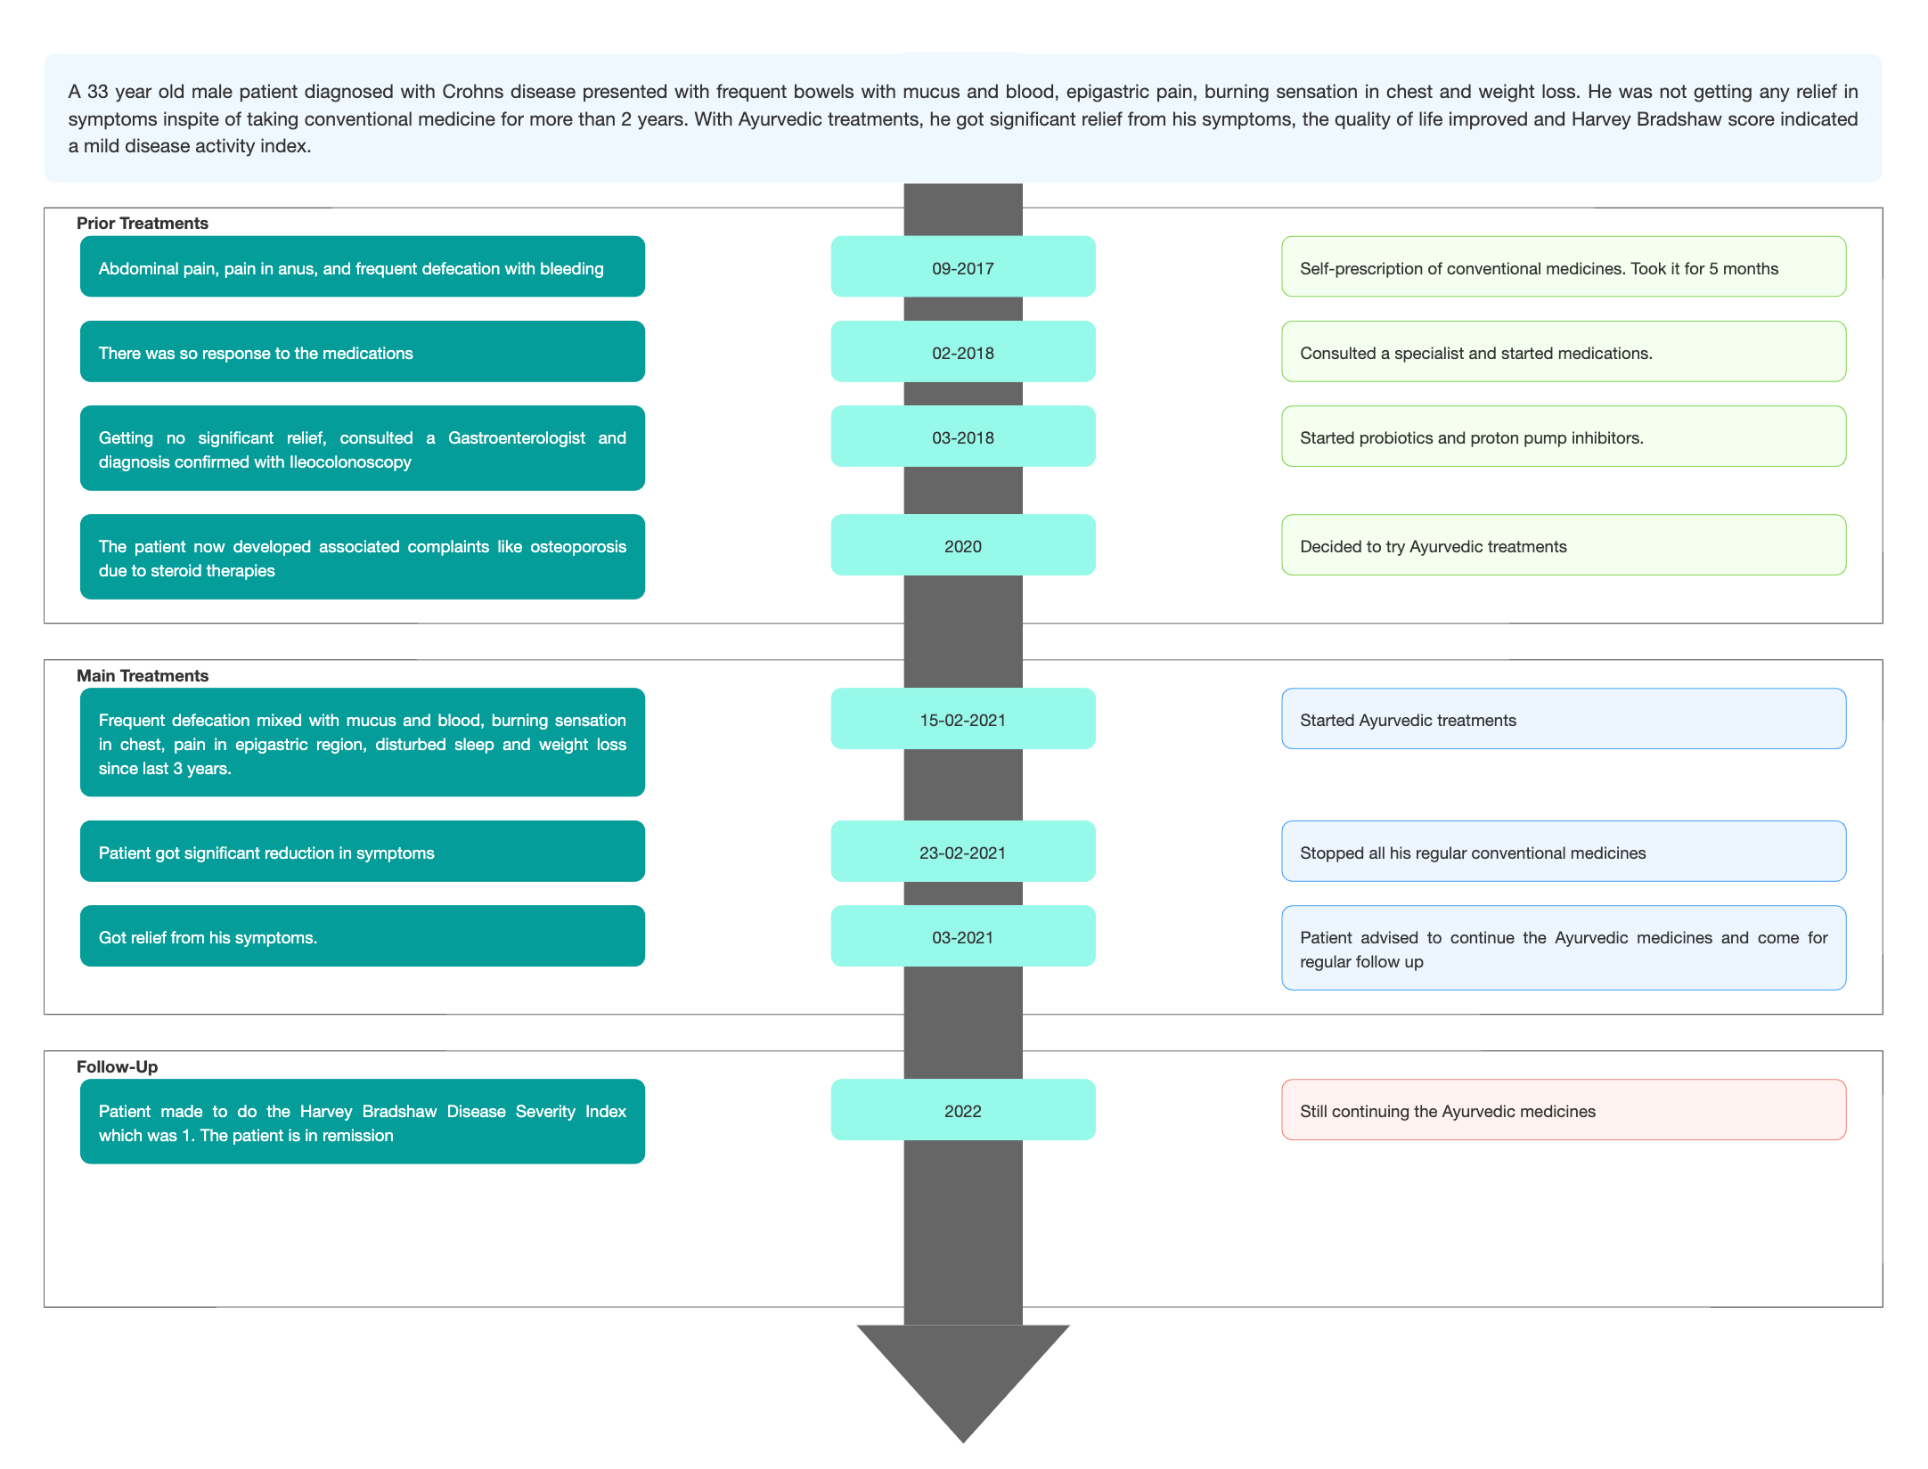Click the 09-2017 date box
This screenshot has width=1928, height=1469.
(x=963, y=266)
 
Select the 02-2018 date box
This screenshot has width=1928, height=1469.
(x=963, y=351)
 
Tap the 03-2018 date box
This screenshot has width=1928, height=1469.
(x=963, y=436)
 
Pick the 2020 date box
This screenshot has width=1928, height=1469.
(x=963, y=544)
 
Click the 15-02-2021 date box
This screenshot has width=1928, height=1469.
(x=963, y=718)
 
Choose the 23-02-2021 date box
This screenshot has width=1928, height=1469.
(x=963, y=851)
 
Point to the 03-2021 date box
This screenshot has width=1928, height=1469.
(x=963, y=935)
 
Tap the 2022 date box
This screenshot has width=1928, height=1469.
(x=963, y=1109)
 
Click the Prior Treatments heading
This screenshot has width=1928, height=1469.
(x=143, y=223)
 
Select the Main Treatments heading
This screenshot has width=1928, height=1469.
(x=143, y=675)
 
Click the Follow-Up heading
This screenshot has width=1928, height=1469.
(x=118, y=1066)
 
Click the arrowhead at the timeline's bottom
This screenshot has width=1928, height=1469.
(x=963, y=1381)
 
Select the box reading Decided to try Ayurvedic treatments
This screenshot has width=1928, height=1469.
(x=1564, y=544)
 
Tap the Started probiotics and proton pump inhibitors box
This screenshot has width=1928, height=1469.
(x=1564, y=436)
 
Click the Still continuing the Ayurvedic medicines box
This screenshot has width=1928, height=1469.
(x=1564, y=1109)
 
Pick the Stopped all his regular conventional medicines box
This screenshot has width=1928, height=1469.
(x=1564, y=851)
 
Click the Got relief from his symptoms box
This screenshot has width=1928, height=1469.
(x=363, y=935)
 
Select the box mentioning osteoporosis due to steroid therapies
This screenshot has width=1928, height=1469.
(x=363, y=557)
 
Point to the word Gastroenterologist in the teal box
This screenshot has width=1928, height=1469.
(x=517, y=437)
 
